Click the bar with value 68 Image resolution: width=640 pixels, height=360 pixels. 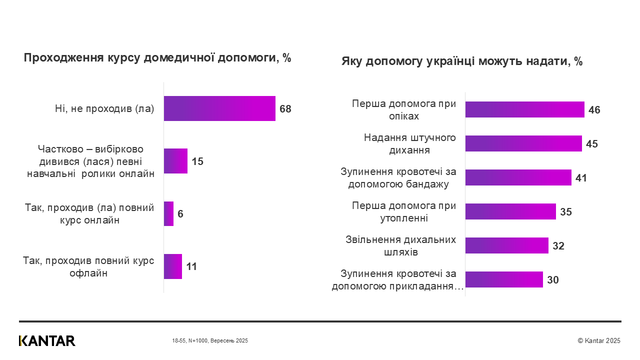219,108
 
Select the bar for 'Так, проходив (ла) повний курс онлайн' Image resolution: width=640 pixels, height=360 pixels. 168,213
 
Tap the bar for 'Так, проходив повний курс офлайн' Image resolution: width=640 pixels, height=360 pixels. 172,266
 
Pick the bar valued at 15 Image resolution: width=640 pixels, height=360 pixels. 175,161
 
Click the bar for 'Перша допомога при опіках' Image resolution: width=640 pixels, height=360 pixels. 524,109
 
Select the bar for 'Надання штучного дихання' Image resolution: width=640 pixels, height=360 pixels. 523,143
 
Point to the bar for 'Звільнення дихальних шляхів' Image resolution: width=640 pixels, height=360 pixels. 506,245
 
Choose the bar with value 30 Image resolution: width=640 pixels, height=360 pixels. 504,279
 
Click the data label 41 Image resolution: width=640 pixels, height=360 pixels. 581,178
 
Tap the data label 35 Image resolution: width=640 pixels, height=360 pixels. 566,212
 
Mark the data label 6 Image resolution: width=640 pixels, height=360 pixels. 180,214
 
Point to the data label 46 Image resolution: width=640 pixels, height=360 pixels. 594,110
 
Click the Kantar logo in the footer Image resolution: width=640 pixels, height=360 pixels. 47,340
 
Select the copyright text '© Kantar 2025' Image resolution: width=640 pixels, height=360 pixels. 598,340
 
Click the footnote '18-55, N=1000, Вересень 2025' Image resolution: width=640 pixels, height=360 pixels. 210,340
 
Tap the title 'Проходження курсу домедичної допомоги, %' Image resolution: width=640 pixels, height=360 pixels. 157,58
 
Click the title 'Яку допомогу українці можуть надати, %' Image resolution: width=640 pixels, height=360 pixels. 462,61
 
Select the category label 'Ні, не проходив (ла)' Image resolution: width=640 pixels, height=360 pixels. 104,108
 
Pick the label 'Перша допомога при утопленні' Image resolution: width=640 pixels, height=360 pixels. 404,211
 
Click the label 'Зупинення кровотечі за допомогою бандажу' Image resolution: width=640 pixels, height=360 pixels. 398,178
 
